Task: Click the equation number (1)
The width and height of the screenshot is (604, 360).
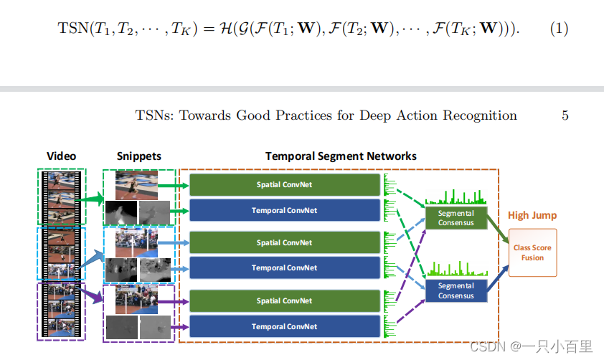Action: (559, 29)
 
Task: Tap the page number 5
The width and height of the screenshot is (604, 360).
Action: (565, 115)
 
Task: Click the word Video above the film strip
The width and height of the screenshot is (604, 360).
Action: (61, 156)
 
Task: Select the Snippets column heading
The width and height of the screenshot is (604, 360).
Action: (138, 156)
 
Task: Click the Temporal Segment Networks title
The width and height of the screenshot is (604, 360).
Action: (341, 156)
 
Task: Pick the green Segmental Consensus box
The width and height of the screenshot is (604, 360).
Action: (456, 217)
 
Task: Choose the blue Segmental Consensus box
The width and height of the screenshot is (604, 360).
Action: (456, 290)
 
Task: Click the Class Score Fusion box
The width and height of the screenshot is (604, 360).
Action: (532, 252)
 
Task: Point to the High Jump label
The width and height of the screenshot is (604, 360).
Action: (532, 215)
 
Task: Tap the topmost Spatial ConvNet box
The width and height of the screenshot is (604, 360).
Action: (285, 184)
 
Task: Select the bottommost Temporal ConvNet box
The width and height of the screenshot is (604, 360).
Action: (285, 326)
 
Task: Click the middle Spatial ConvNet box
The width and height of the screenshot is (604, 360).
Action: (285, 242)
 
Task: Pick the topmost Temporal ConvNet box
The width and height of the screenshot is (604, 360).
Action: (285, 210)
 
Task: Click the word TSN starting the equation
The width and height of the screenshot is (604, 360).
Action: (71, 29)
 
